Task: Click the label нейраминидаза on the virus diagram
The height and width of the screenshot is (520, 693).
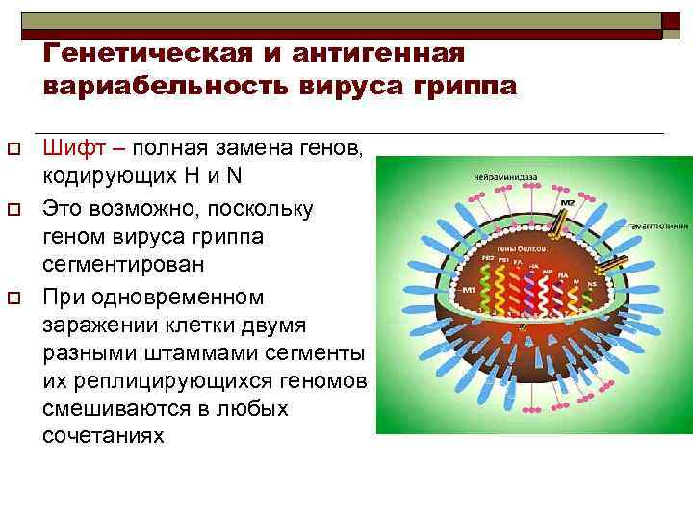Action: (x=504, y=177)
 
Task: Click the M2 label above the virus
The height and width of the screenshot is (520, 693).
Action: (x=569, y=202)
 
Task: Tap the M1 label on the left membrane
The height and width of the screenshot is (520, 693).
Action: (x=470, y=290)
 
